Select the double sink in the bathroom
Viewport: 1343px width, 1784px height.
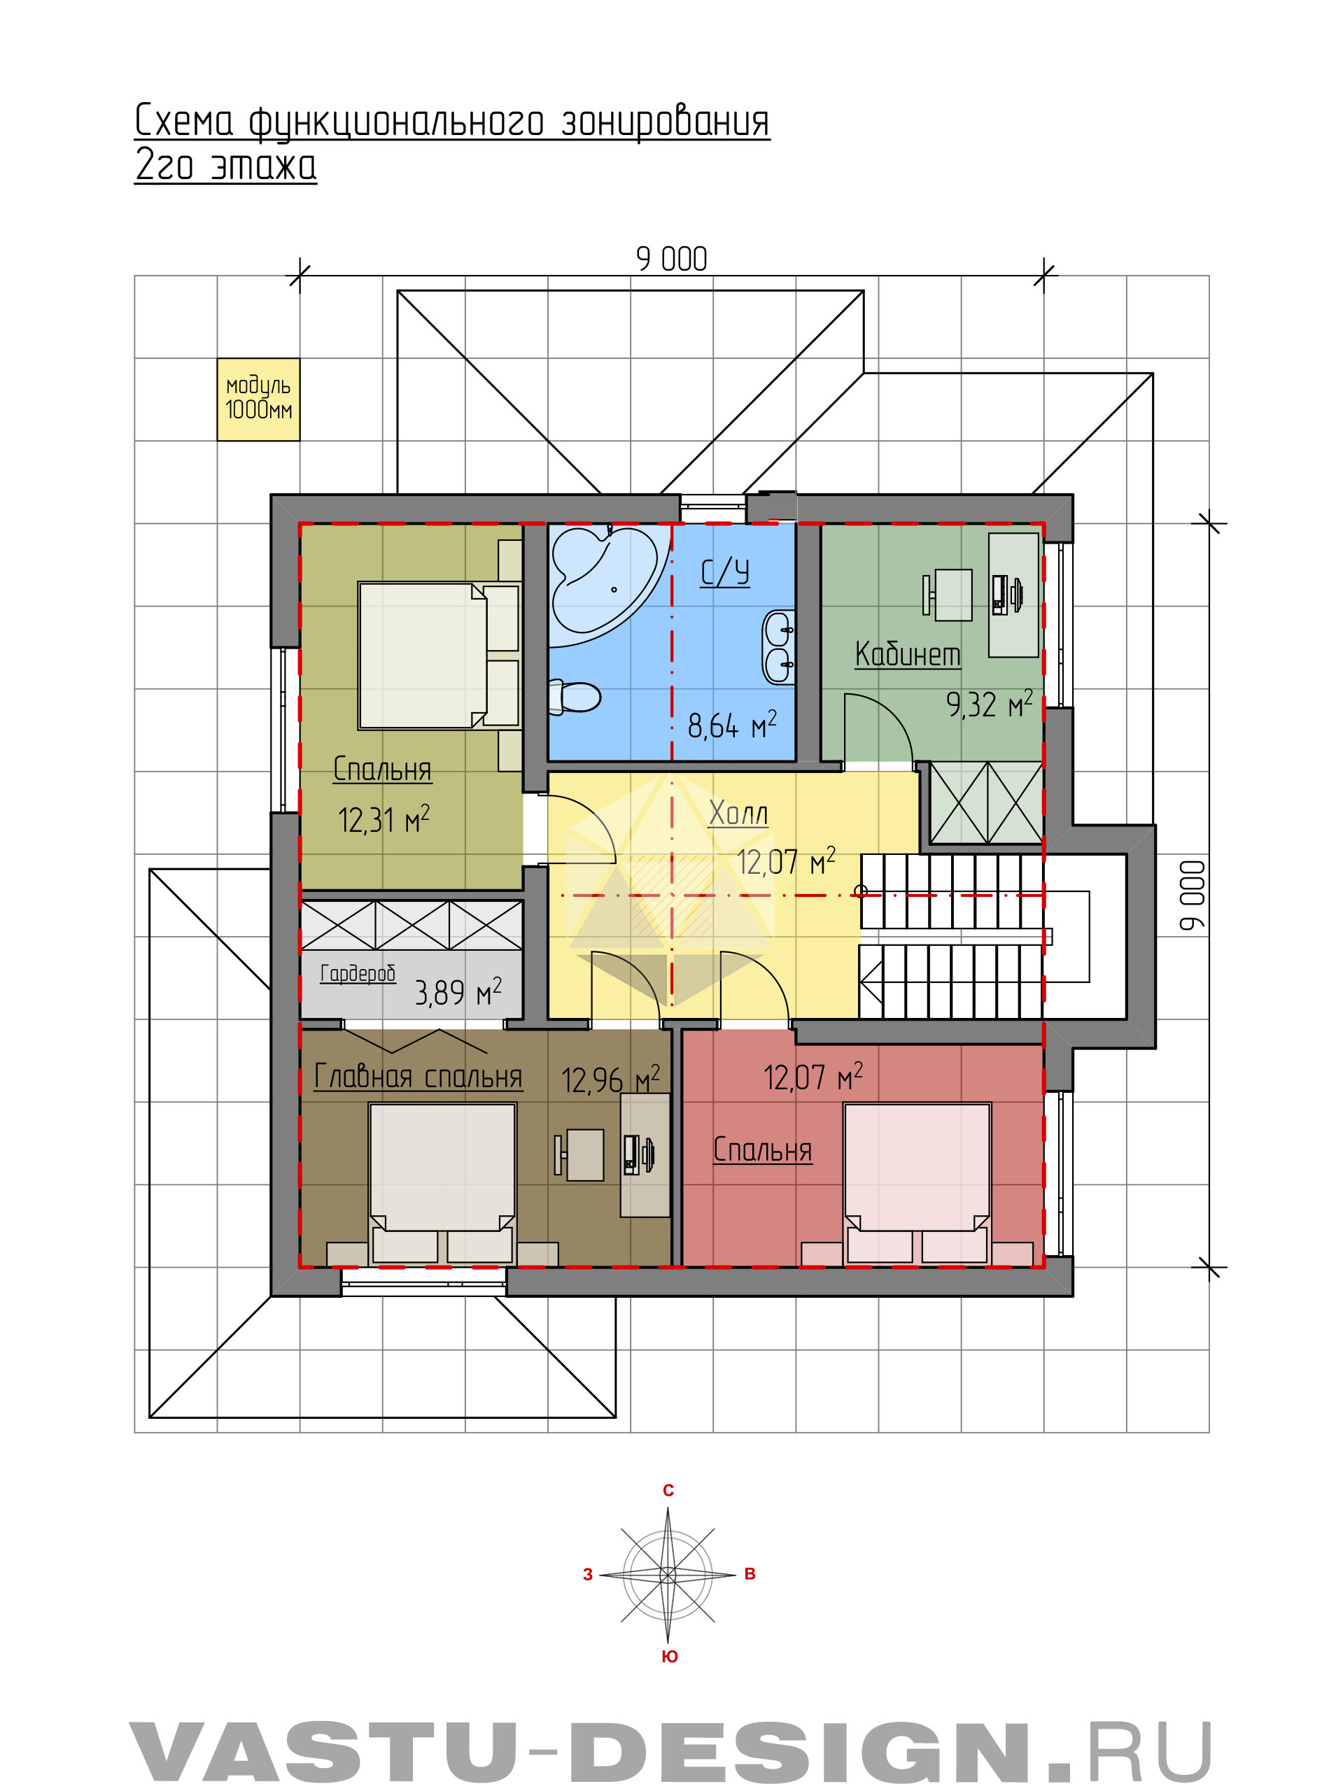click(779, 648)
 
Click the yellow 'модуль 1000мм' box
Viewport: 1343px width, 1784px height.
click(258, 399)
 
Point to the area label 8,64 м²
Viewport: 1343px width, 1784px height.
click(731, 725)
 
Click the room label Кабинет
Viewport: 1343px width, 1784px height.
click(908, 654)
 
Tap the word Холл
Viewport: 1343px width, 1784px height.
click(738, 813)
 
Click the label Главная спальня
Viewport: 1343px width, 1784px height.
click(418, 1077)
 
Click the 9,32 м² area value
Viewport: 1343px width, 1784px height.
click(989, 704)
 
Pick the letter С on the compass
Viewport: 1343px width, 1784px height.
click(668, 1490)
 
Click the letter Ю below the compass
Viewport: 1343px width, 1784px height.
click(670, 1657)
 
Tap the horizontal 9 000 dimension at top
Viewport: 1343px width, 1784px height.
click(671, 259)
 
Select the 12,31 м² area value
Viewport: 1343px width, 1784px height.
click(384, 819)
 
